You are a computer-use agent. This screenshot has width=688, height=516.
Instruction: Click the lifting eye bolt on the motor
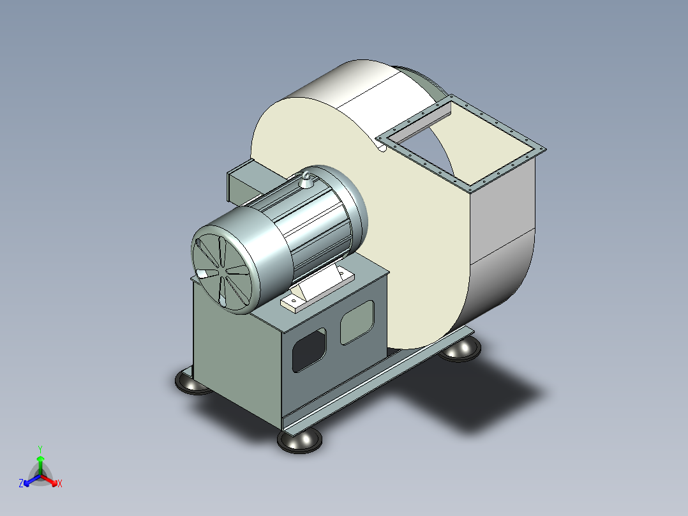coord(306,179)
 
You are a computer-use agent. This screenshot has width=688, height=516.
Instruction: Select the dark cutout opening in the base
coord(310,350)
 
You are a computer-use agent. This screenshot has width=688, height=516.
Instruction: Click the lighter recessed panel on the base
coord(357,322)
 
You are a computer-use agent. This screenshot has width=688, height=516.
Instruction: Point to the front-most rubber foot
coord(300,441)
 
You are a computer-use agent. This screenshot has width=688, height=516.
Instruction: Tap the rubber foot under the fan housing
coord(460,349)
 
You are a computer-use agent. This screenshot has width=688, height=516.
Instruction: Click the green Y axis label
coord(40,450)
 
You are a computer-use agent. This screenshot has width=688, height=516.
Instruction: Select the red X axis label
coord(60,483)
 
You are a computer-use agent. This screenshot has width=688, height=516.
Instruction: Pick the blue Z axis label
coord(21,483)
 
